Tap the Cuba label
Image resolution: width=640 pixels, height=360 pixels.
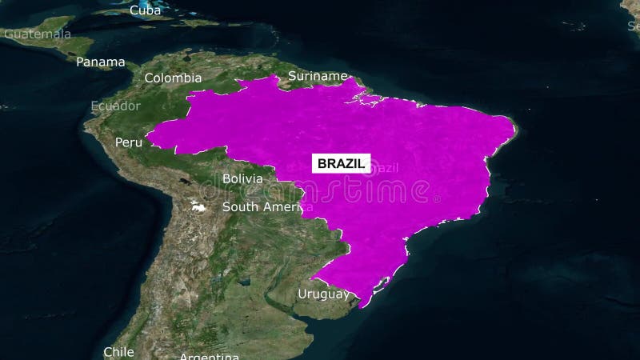tap(145, 10)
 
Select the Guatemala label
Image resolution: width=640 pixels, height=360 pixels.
tap(38, 34)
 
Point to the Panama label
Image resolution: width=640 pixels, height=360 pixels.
tap(101, 62)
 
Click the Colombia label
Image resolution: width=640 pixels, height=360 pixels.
tap(173, 78)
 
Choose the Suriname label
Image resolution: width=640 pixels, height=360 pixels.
tap(318, 77)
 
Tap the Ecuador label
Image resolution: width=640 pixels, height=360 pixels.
tap(115, 106)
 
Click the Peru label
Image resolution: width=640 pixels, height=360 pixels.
tap(128, 142)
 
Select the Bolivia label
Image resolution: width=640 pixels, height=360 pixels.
tap(242, 178)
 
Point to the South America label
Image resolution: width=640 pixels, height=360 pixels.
tap(262, 206)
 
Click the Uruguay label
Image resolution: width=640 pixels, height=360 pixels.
tap(323, 294)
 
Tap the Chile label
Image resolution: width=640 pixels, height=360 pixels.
tap(118, 351)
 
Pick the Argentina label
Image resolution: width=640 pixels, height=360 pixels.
tap(209, 356)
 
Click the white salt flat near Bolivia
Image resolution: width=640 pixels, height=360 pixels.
tap(198, 207)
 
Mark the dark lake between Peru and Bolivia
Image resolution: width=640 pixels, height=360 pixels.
tap(186, 182)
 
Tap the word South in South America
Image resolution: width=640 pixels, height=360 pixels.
tap(238, 206)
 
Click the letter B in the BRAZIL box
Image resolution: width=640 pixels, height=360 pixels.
tap(322, 163)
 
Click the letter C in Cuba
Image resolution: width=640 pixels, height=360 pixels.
tap(134, 10)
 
